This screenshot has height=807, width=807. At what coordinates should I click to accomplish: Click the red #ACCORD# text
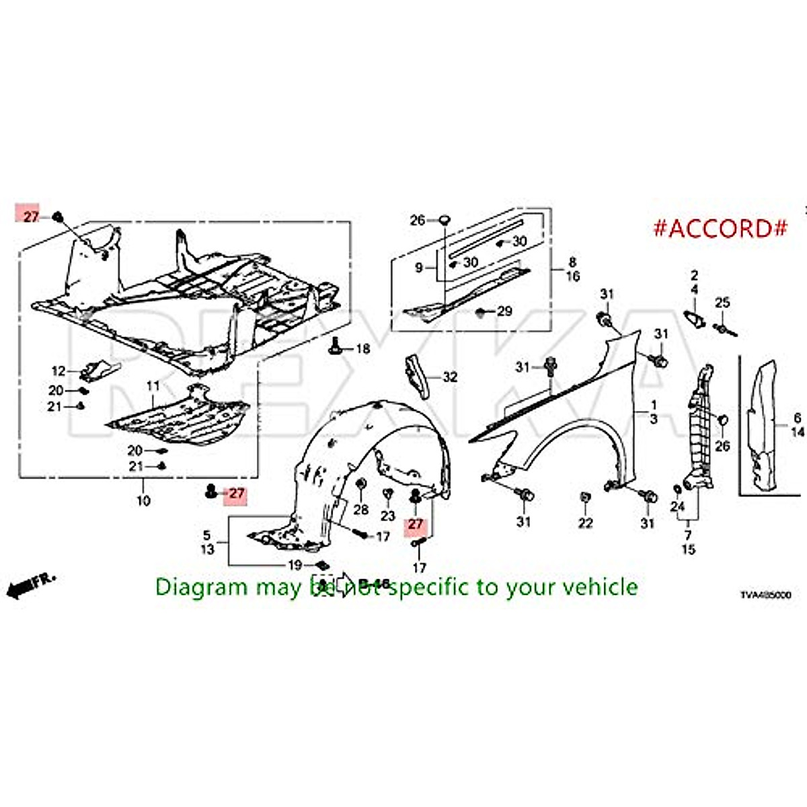click(720, 228)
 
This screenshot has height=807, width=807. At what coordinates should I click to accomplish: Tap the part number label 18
click(362, 349)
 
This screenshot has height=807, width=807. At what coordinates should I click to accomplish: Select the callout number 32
click(449, 377)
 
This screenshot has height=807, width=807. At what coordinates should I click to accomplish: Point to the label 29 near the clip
click(504, 311)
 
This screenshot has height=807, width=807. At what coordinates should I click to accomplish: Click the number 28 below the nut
click(361, 509)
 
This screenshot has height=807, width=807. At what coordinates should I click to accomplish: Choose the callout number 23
click(388, 516)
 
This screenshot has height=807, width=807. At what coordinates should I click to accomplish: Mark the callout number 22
click(586, 523)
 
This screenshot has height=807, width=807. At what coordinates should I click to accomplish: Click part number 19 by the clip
click(295, 565)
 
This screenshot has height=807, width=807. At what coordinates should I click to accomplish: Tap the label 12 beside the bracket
click(59, 371)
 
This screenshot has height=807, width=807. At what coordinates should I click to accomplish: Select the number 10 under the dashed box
click(143, 501)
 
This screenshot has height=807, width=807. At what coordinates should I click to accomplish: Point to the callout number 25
click(722, 303)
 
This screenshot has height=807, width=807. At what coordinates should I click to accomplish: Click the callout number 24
click(677, 506)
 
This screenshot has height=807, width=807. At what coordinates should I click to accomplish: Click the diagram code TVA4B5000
click(765, 595)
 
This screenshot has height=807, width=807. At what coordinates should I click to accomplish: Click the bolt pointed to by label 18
click(334, 346)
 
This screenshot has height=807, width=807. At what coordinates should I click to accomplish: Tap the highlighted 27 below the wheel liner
click(415, 525)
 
